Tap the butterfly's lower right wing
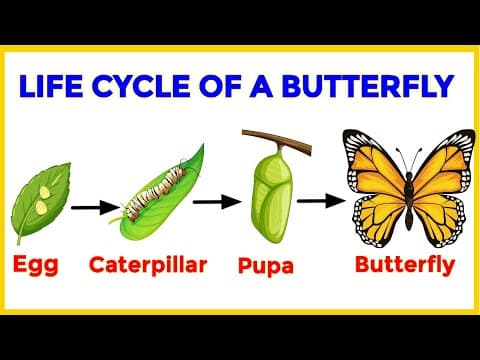[x=428, y=222]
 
